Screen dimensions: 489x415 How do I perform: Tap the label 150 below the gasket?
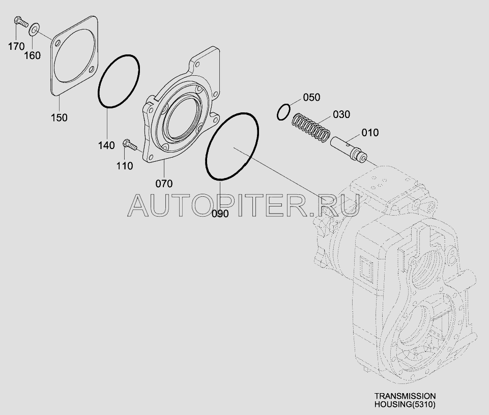[60, 117]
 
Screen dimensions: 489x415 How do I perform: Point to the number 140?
[106, 146]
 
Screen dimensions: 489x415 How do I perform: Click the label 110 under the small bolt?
[125, 166]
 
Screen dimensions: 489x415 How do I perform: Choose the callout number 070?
[164, 183]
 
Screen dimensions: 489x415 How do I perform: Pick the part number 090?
[220, 214]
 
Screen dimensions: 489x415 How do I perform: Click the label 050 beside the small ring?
[311, 97]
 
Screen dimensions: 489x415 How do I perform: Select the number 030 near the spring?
[341, 114]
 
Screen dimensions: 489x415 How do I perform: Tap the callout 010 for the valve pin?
[370, 133]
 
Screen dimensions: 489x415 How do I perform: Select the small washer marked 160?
[34, 28]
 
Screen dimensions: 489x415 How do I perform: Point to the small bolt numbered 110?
[130, 145]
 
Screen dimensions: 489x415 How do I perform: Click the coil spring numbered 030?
[310, 128]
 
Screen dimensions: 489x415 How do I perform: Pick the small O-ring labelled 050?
[284, 111]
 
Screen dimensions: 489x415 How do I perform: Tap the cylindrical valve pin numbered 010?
[349, 148]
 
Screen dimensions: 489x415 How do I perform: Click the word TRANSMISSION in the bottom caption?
[405, 396]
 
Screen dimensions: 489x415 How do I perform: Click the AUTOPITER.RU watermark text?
[243, 205]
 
